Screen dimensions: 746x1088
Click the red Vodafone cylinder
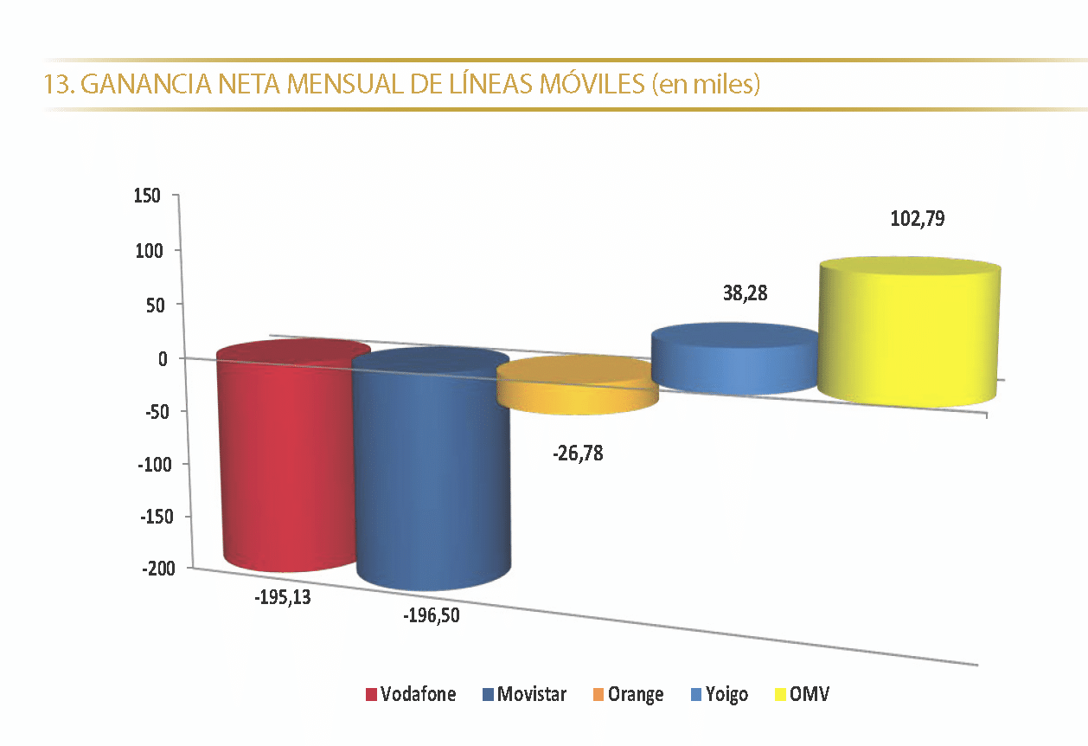click(285, 459)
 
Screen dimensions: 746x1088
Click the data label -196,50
click(432, 616)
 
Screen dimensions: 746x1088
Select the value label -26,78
click(577, 452)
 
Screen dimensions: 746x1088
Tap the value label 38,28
click(745, 293)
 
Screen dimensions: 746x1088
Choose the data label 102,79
click(917, 218)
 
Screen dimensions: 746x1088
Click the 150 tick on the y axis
click(147, 196)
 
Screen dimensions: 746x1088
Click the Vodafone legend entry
click(410, 694)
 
